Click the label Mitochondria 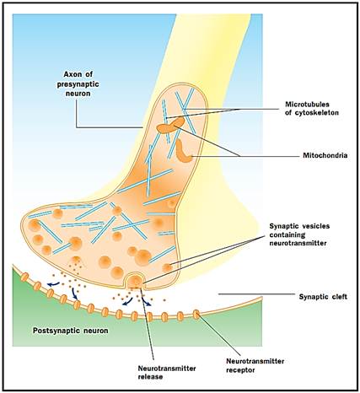tap(325, 155)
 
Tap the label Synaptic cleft tap(323, 297)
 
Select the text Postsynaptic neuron tap(71, 331)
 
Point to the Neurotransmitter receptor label tap(255, 365)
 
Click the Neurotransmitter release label tap(167, 373)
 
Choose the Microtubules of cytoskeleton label tap(312, 108)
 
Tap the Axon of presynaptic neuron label tap(78, 83)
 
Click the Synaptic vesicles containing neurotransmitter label tap(299, 234)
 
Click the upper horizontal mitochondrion tap(170, 126)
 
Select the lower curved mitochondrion tap(182, 152)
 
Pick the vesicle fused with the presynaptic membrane tap(135, 281)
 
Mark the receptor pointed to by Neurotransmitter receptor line tap(196, 315)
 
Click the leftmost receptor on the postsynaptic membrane tap(24, 277)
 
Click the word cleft tap(338, 297)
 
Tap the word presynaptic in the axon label tap(78, 84)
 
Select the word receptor tap(240, 369)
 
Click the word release tap(150, 377)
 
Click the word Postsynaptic tap(56, 331)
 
